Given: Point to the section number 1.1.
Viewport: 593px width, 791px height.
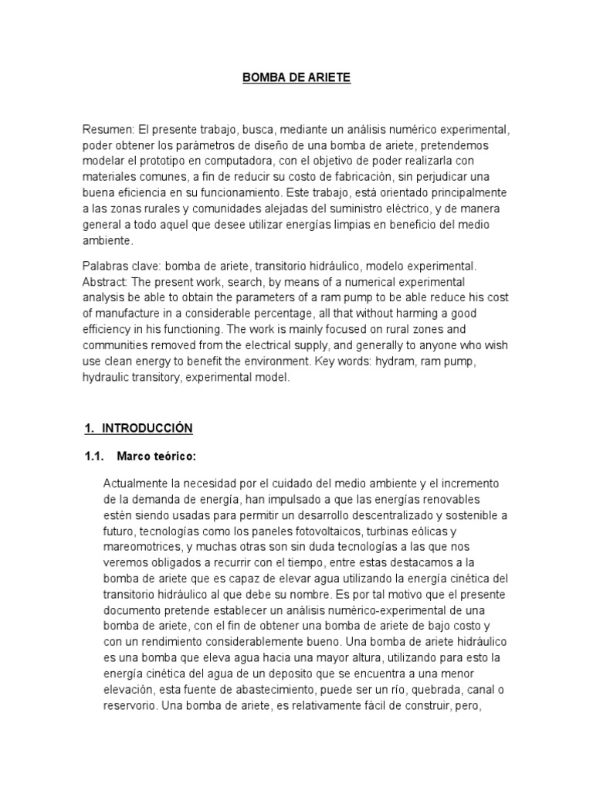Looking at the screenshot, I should click(x=94, y=457).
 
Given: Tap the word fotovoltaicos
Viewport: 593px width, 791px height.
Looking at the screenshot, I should click(x=320, y=531).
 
